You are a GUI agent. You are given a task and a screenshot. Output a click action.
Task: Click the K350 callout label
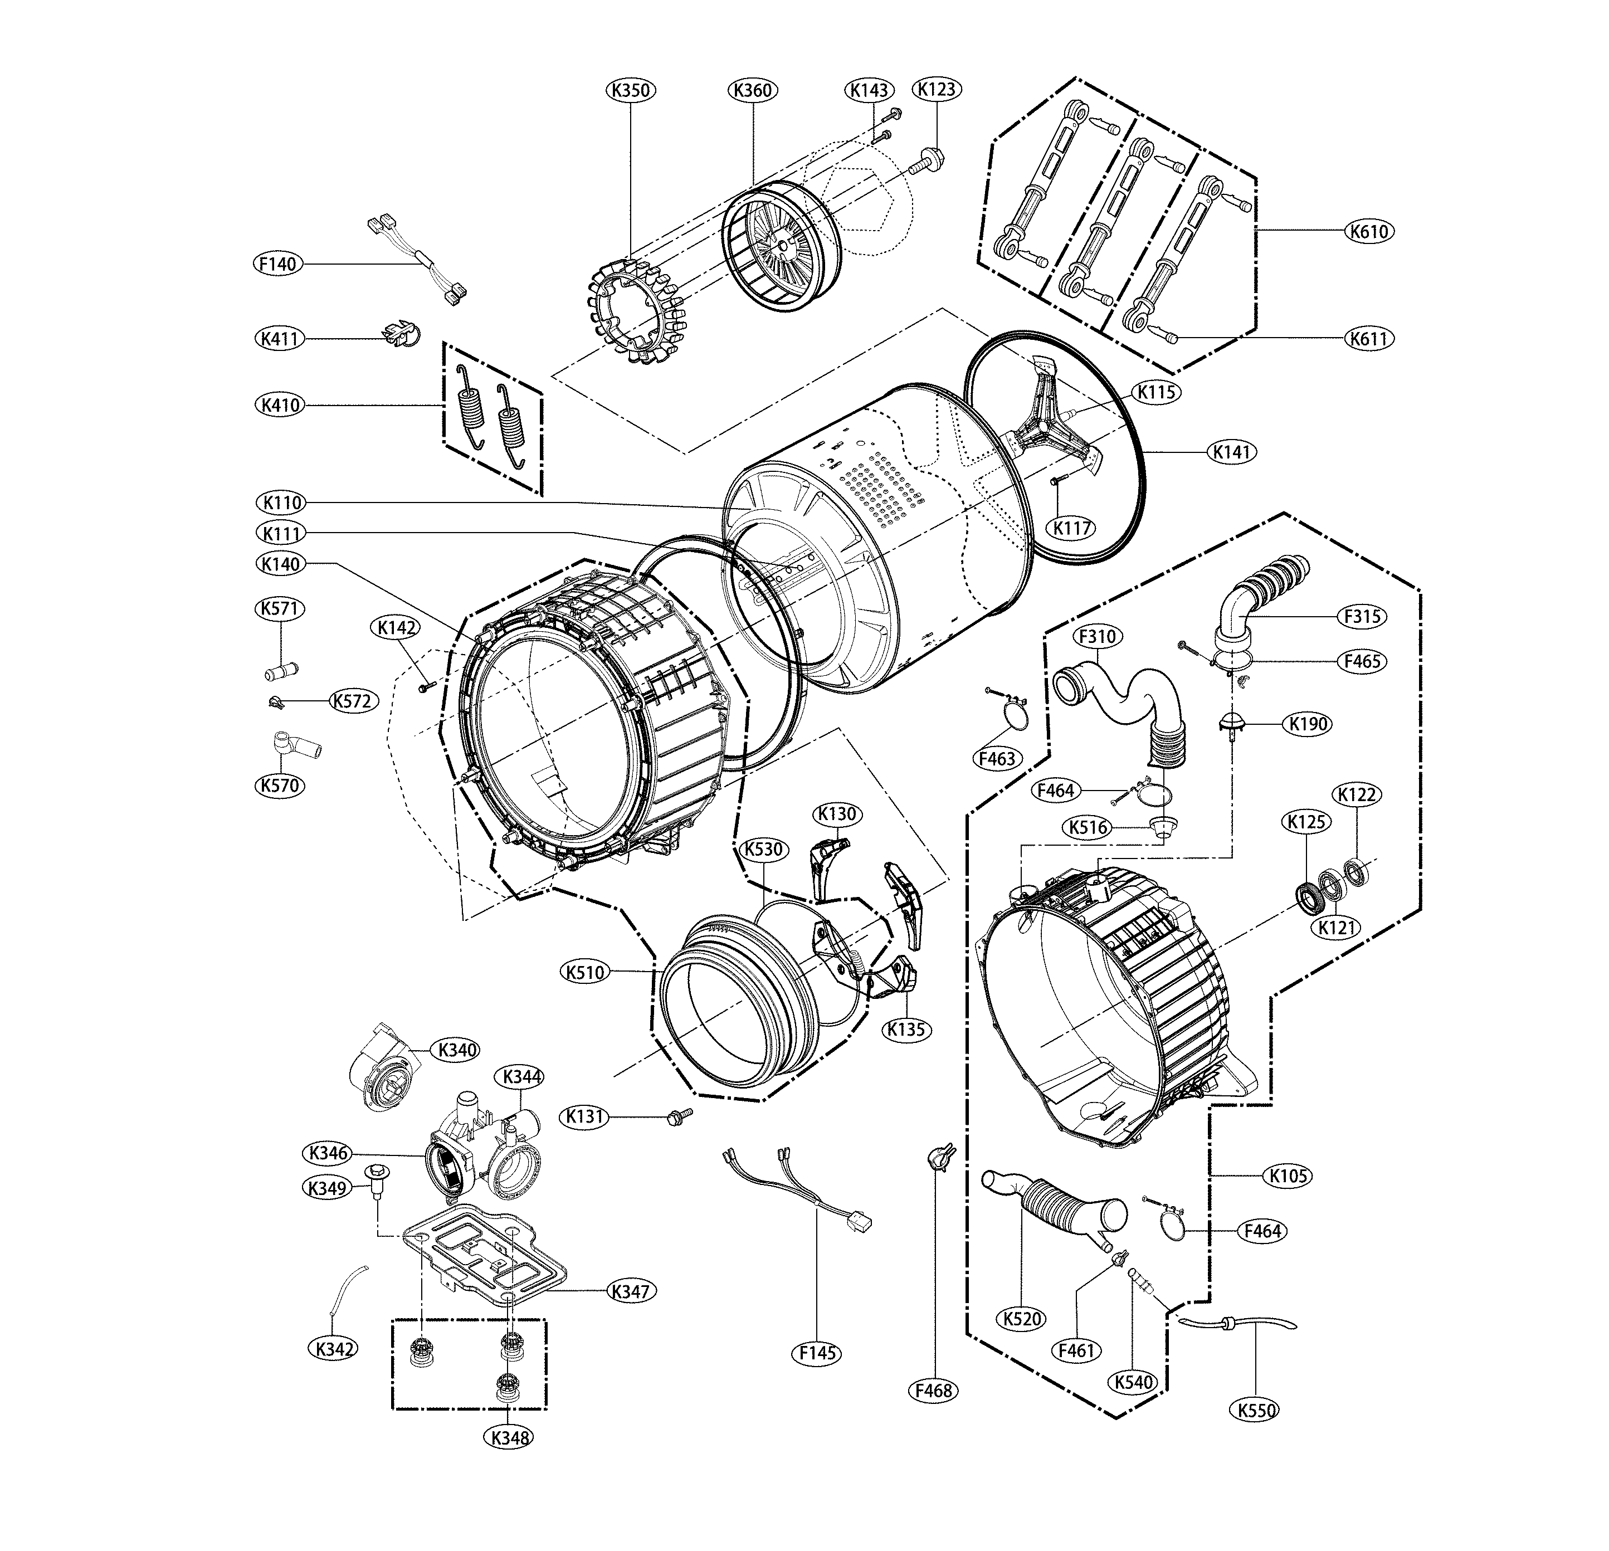631,90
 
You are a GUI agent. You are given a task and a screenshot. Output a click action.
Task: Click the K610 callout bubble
1369,232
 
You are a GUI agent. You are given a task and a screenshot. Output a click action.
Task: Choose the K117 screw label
1072,527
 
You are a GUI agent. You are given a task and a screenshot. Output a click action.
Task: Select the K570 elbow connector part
294,745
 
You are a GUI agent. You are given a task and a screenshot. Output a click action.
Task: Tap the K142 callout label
397,627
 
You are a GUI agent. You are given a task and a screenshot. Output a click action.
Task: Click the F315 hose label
1363,616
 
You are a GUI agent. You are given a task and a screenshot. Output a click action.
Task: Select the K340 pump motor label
457,1050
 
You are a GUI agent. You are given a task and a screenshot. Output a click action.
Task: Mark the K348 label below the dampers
509,1437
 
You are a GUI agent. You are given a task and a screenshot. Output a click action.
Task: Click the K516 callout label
1089,827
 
